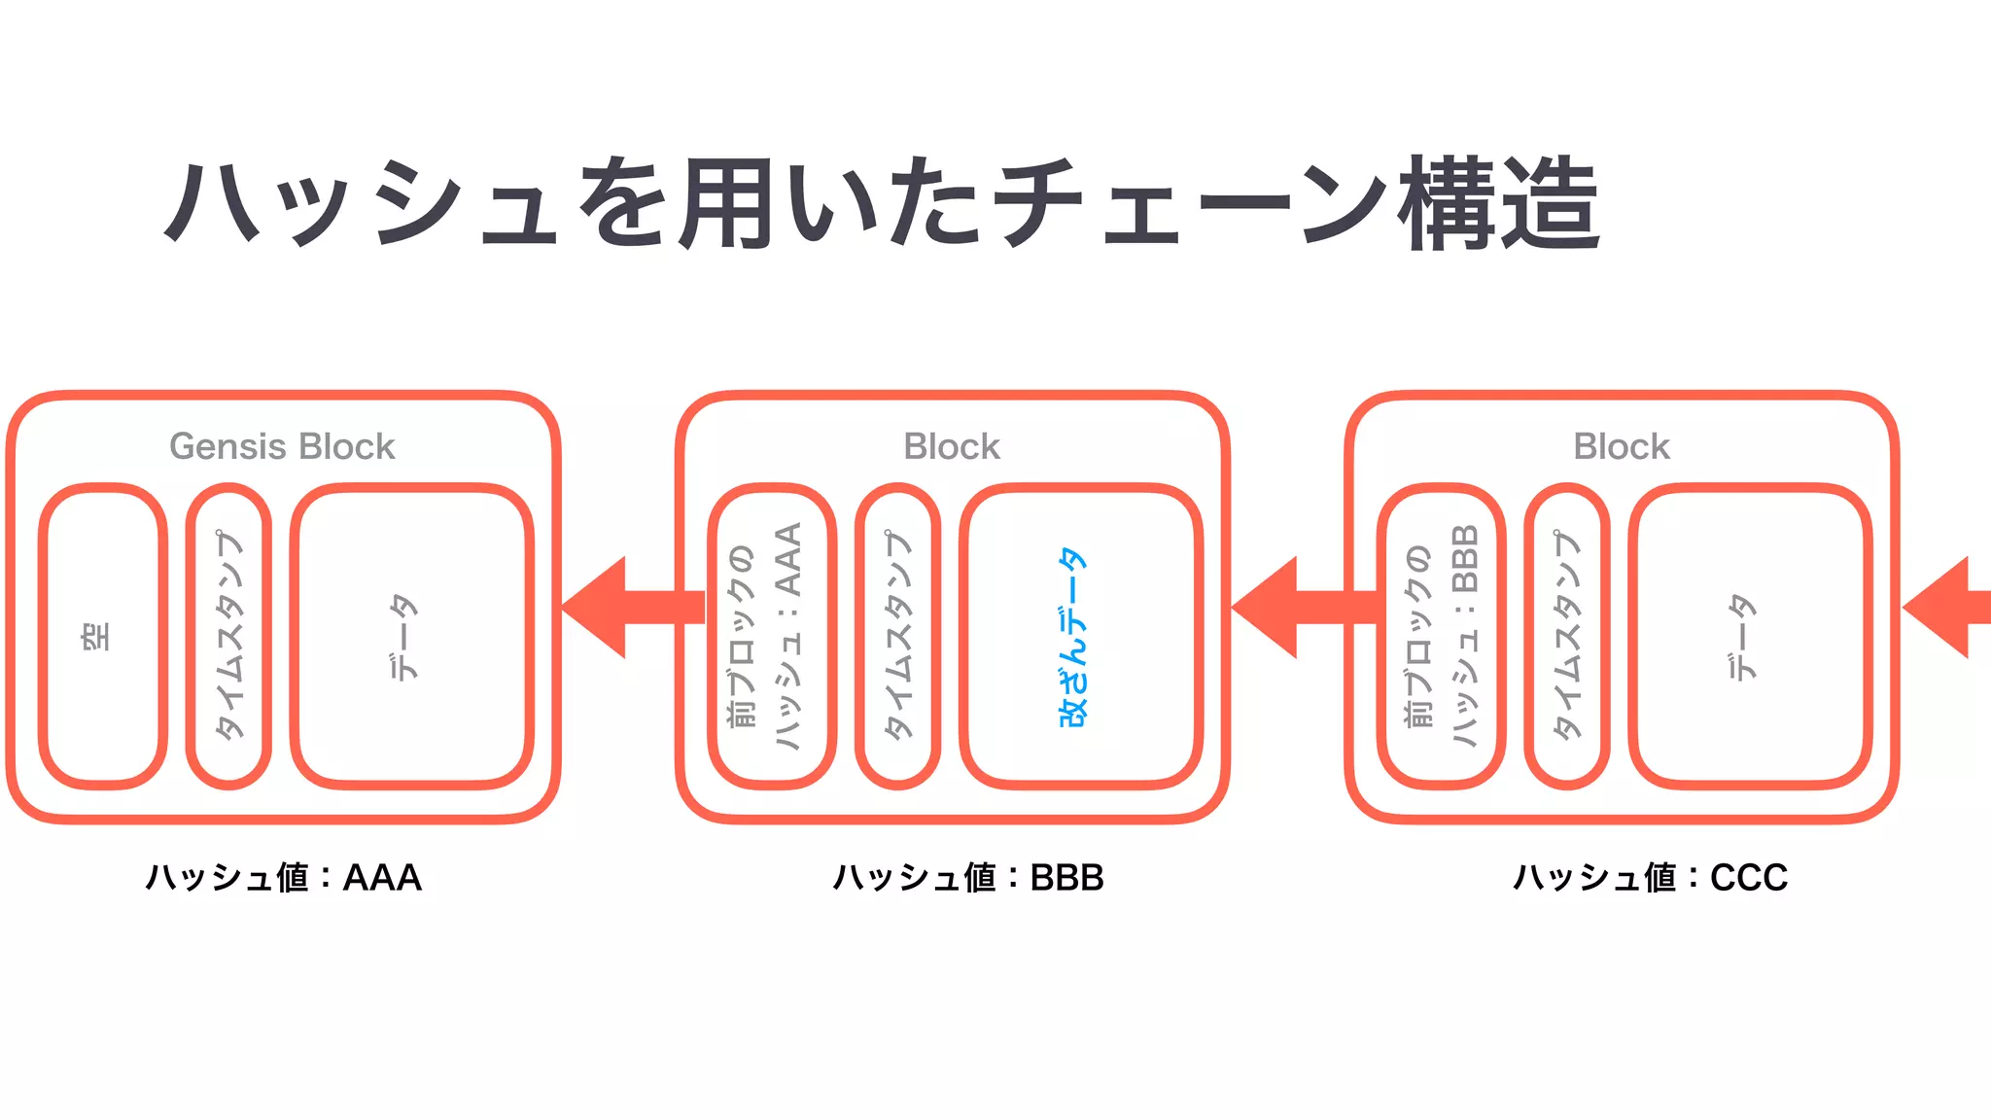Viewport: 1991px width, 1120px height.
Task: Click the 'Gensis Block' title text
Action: [282, 446]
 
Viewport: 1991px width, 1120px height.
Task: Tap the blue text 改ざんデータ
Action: [1072, 637]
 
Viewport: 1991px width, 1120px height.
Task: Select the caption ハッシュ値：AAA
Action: [283, 878]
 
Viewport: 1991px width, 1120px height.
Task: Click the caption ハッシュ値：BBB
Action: [968, 878]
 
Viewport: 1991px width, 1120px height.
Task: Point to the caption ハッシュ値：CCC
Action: [1650, 878]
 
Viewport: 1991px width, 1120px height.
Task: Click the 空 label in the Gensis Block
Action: [96, 637]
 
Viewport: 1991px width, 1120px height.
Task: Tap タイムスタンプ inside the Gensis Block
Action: [229, 637]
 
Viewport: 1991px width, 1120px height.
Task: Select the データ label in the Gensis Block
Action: [403, 637]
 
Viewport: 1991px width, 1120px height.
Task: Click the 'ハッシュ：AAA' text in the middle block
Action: [788, 637]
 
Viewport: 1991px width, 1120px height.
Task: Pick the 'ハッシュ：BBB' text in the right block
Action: [1464, 637]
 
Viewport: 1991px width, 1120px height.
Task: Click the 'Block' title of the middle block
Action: [952, 446]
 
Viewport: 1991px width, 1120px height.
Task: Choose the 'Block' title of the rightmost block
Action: [1622, 446]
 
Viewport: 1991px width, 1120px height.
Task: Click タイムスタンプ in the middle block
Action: [898, 637]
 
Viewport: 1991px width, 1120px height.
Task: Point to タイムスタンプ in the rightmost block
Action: [1567, 637]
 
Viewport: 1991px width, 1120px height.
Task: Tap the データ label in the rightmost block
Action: [1741, 637]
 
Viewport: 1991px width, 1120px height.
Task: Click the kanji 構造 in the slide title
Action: [1499, 204]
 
